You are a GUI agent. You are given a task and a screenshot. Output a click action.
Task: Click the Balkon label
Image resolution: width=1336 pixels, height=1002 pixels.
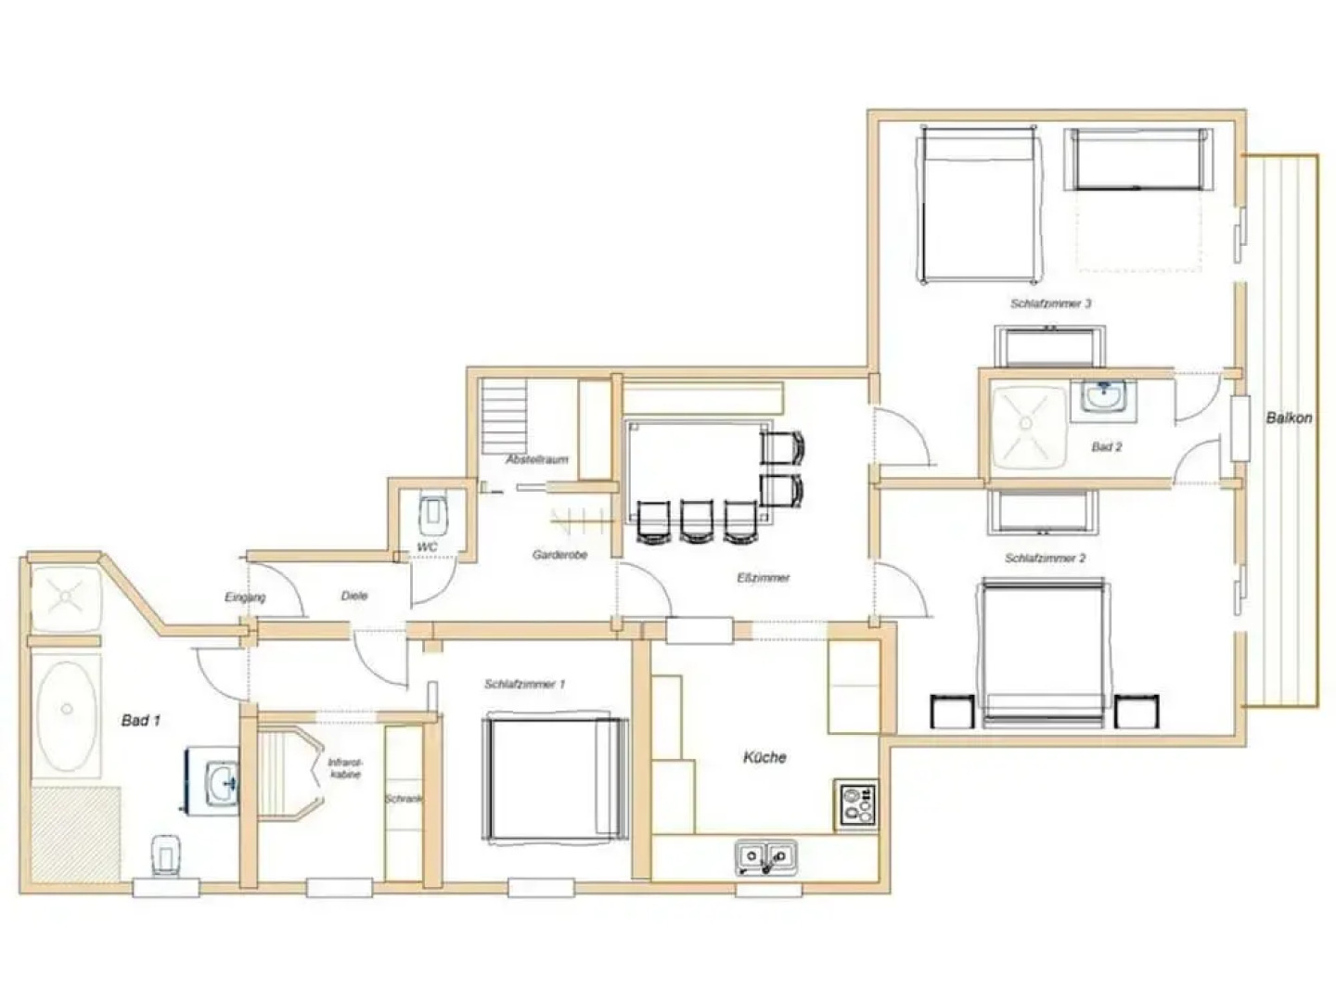[1289, 417]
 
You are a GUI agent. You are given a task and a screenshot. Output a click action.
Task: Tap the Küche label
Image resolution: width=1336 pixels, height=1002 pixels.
[764, 757]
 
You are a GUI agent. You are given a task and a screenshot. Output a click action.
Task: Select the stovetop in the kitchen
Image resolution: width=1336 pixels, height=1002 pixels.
[855, 804]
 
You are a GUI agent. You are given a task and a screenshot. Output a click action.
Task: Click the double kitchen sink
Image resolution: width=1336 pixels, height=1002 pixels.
[765, 856]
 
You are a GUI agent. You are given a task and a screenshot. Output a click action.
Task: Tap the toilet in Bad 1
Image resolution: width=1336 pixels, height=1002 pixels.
[165, 854]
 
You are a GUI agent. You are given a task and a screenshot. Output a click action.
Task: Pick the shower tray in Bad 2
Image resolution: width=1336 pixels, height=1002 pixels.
[1027, 425]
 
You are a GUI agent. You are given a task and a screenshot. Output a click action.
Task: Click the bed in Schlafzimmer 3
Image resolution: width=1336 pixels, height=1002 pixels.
[978, 205]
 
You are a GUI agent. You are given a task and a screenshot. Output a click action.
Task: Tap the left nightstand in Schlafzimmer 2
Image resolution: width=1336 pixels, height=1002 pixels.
[953, 711]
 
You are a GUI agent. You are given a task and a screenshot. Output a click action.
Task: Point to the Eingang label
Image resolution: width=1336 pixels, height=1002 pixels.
[245, 597]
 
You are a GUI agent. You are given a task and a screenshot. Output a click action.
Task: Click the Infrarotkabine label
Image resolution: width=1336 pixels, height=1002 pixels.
[344, 768]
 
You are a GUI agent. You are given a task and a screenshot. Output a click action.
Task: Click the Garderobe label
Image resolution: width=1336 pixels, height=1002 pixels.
[559, 555]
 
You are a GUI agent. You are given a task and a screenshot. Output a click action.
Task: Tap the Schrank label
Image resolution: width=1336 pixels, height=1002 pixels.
[404, 799]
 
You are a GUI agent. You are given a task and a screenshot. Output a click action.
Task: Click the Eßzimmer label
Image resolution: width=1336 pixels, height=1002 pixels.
[763, 578]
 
